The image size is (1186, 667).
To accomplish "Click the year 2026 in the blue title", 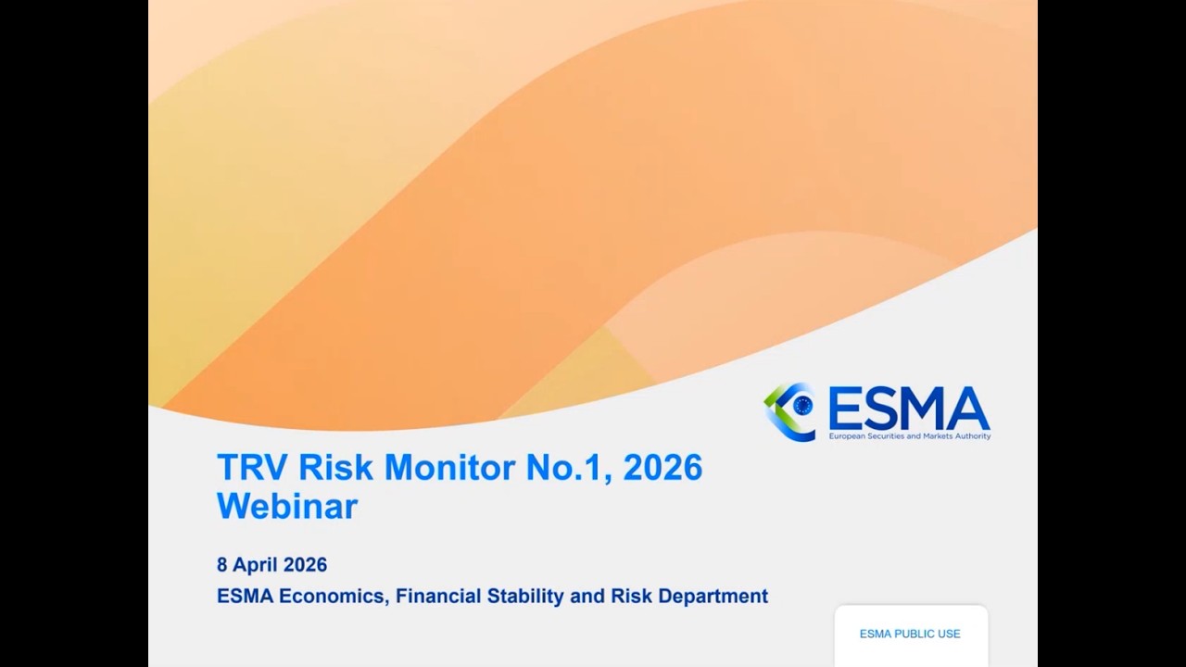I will coord(662,467).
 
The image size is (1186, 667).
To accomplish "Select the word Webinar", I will coord(287,507).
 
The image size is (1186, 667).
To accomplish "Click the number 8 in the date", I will coord(221,564).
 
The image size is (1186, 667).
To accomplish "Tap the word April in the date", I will coord(256,564).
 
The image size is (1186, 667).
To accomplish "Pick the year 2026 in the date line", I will coord(305,564).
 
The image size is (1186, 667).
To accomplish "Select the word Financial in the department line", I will coord(435,596).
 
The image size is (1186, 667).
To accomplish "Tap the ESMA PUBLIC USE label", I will coord(910,634).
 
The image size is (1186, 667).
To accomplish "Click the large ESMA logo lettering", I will coord(908,409).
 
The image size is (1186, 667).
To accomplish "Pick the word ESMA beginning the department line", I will coord(245,596).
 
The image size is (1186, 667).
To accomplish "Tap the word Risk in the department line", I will coord(631,596).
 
